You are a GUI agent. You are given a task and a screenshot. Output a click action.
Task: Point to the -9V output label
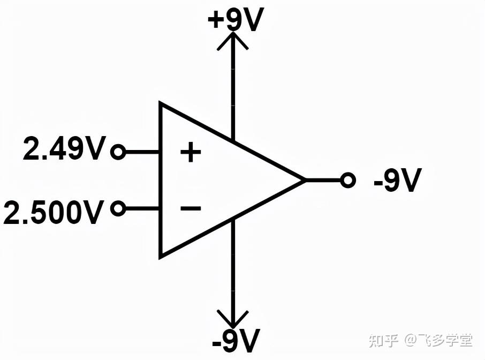point(398,181)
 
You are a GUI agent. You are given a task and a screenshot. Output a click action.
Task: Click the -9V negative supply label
point(236,341)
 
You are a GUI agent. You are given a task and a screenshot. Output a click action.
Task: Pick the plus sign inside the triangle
point(190,153)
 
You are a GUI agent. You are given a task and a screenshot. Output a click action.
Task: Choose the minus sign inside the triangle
point(190,208)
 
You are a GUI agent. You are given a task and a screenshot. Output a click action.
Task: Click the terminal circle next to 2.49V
point(118,153)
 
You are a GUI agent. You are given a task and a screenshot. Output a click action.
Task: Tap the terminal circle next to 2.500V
point(118,208)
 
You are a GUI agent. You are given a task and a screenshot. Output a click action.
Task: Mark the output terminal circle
point(348,181)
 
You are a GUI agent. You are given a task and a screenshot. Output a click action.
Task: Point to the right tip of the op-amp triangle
point(304,181)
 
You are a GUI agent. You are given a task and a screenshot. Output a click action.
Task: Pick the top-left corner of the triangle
point(161,103)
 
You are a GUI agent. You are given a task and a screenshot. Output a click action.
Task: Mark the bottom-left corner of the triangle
point(161,257)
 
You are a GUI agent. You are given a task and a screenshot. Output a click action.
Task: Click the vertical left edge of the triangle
point(161,180)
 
